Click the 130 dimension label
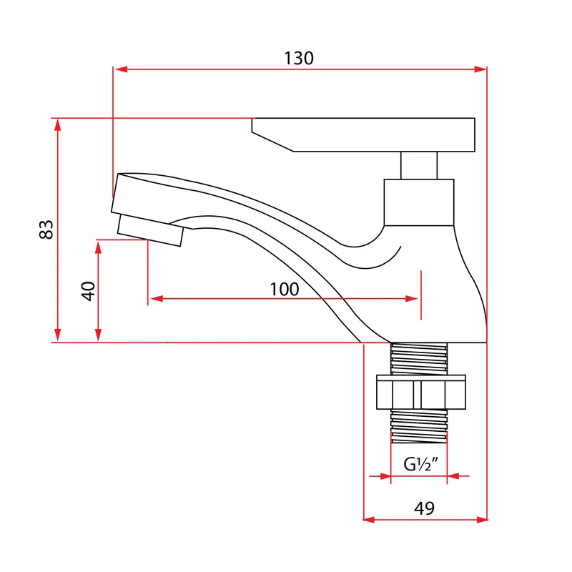click(299, 59)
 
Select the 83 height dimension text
click(46, 230)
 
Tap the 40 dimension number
click(88, 291)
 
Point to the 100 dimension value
click(285, 290)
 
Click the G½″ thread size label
click(420, 464)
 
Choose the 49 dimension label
click(424, 508)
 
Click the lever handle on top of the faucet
click(363, 134)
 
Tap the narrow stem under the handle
click(419, 166)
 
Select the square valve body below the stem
click(419, 202)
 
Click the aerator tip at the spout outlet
click(150, 230)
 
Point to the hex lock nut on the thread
click(421, 392)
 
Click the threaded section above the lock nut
click(419, 359)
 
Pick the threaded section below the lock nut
click(419, 426)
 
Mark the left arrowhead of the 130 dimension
click(120, 69)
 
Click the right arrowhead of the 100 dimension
click(411, 299)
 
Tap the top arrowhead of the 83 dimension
click(58, 125)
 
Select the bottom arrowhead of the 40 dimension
click(98, 335)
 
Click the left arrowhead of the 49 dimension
click(369, 520)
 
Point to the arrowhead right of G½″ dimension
click(453, 476)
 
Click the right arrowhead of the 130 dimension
click(480, 69)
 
